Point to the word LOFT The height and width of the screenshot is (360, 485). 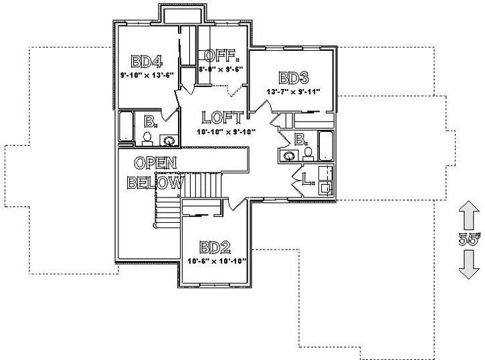click(x=221, y=118)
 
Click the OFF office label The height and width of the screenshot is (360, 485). click(x=220, y=56)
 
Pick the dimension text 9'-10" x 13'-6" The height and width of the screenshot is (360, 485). click(x=147, y=75)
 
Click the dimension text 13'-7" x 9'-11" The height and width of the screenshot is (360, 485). click(x=293, y=91)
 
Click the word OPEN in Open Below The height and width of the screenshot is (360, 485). click(x=155, y=163)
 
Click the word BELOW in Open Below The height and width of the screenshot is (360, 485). click(x=155, y=182)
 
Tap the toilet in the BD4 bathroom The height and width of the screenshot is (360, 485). click(x=147, y=139)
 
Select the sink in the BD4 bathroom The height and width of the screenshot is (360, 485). click(x=171, y=141)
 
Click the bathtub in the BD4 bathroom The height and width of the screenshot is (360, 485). click(x=126, y=127)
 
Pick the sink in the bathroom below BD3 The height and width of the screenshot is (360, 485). click(x=289, y=156)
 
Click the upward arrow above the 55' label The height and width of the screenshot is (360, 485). click(x=469, y=219)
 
